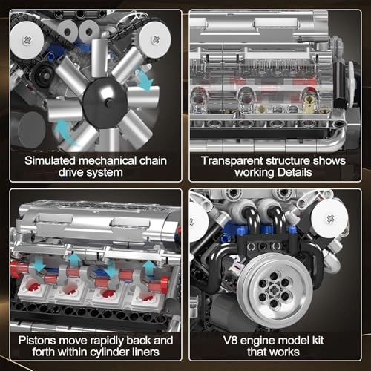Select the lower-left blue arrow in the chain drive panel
click(65, 131)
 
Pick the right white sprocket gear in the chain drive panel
click(154, 34)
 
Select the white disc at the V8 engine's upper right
click(329, 219)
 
